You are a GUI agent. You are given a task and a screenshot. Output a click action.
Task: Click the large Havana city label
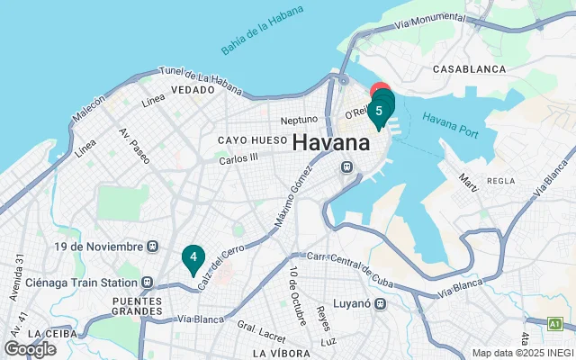coord(331,143)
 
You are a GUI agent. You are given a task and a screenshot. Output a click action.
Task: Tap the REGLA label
coord(499,181)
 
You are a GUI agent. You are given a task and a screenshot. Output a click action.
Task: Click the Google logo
coord(30,348)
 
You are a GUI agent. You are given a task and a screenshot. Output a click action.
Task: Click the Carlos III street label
coord(238,157)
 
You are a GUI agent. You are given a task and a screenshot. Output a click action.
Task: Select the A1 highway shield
coord(555,321)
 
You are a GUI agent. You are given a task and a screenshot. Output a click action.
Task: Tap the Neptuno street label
coord(299,119)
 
